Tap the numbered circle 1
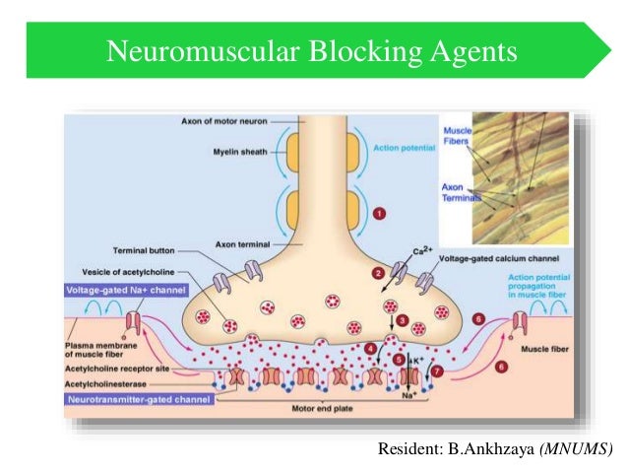[x=379, y=211]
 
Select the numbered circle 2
[x=377, y=271]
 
